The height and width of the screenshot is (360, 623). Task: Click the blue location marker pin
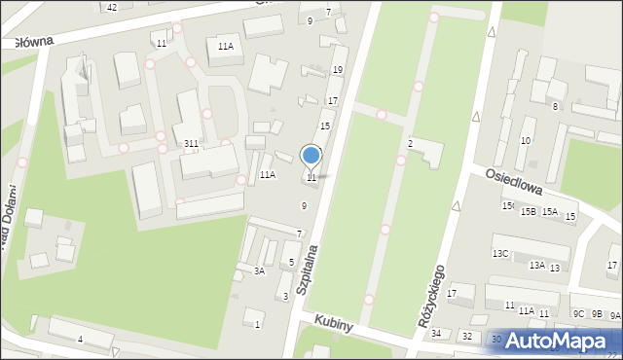[311, 156]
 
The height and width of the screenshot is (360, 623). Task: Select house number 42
[112, 8]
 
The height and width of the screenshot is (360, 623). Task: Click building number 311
[192, 144]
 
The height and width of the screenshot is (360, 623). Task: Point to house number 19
[338, 70]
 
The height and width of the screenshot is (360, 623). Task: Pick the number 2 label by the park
[411, 144]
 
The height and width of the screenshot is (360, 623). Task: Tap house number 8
[555, 106]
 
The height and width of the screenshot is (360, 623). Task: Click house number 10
[526, 141]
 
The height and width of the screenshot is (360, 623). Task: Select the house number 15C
[507, 206]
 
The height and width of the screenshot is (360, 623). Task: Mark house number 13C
[499, 253]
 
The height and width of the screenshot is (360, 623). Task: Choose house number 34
[436, 335]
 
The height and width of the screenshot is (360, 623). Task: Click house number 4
[81, 339]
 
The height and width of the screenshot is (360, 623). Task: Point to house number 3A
[260, 271]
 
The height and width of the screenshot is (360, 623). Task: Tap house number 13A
[536, 265]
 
